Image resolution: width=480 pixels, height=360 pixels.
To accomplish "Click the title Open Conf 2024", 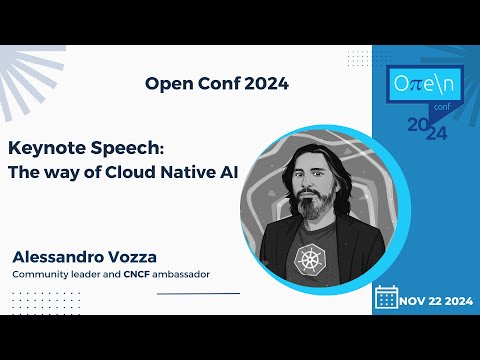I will pos(217,84).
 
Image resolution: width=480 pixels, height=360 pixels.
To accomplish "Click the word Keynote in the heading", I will pos(44,147).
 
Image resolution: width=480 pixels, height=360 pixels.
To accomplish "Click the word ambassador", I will pos(187,274).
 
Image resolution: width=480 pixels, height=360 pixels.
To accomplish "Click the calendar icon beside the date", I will pos(386,297).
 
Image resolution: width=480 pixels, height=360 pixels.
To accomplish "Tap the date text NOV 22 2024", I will pos(436,298).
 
